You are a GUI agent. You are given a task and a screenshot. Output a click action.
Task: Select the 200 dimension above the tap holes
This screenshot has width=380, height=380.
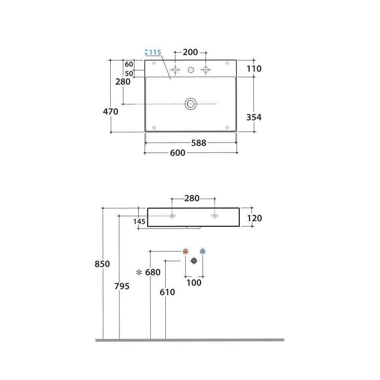pyautogui.click(x=190, y=52)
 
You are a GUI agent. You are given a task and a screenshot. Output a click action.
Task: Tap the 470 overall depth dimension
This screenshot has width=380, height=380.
pyautogui.click(x=111, y=111)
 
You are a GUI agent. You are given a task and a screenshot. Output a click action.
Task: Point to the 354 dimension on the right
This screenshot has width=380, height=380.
pyautogui.click(x=254, y=117)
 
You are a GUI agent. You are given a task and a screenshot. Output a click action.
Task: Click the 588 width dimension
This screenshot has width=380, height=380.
pyautogui.click(x=199, y=143)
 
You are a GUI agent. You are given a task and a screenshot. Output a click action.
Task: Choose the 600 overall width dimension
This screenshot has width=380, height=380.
pyautogui.click(x=177, y=153)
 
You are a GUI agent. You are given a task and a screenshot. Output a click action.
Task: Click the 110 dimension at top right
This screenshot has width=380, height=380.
pyautogui.click(x=254, y=69)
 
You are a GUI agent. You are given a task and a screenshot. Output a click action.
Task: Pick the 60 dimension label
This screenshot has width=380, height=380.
pyautogui.click(x=129, y=64)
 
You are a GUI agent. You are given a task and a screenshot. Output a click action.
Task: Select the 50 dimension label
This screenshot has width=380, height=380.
pyautogui.click(x=129, y=73)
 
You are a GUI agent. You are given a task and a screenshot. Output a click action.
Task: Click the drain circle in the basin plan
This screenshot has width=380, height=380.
pyautogui.click(x=190, y=104)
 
